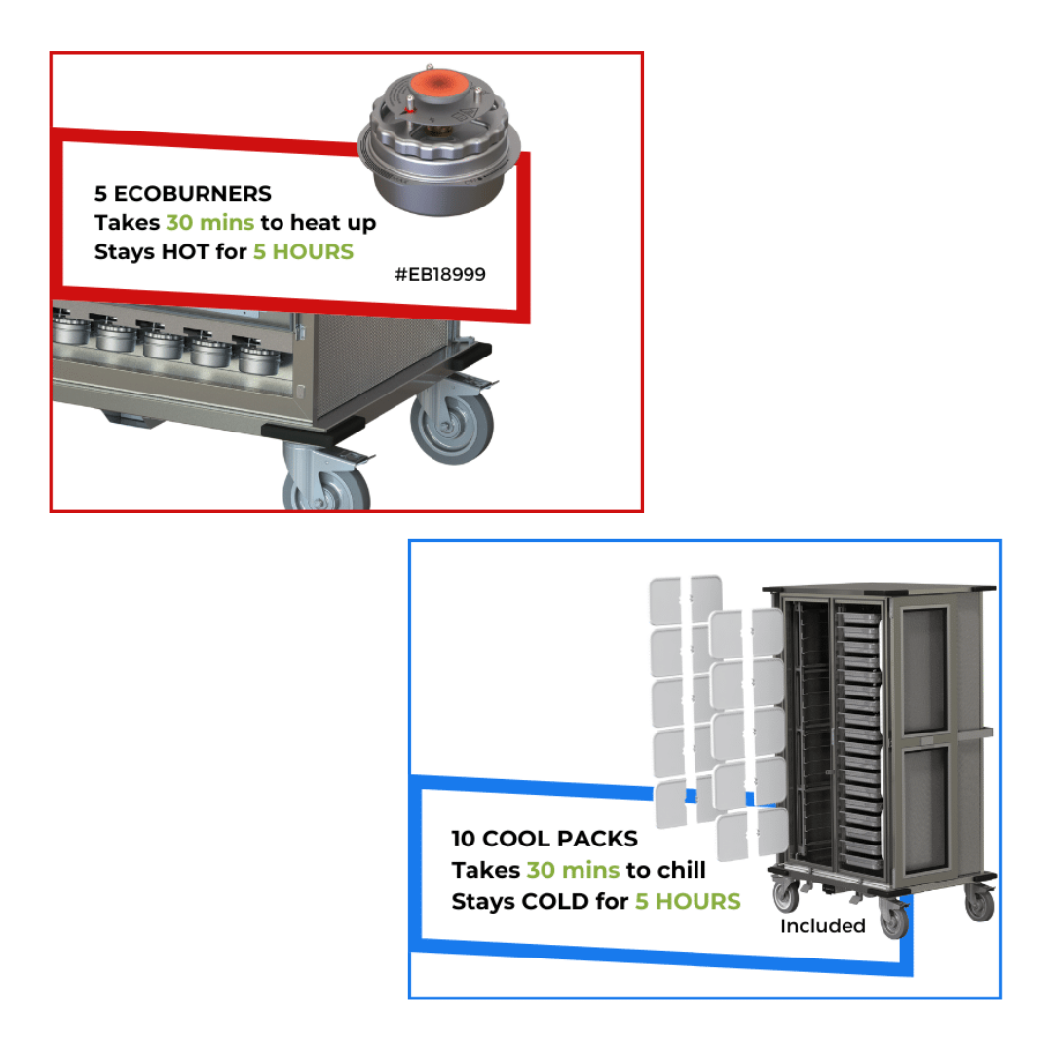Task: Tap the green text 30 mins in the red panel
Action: click(209, 223)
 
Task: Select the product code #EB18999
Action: click(439, 275)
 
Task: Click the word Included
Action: click(822, 926)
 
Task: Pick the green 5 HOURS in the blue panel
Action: click(688, 902)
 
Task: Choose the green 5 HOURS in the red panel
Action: click(303, 252)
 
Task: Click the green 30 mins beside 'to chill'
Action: click(573, 870)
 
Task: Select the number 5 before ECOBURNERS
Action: click(100, 194)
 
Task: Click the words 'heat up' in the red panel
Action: click(331, 223)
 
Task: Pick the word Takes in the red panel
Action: click(127, 223)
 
